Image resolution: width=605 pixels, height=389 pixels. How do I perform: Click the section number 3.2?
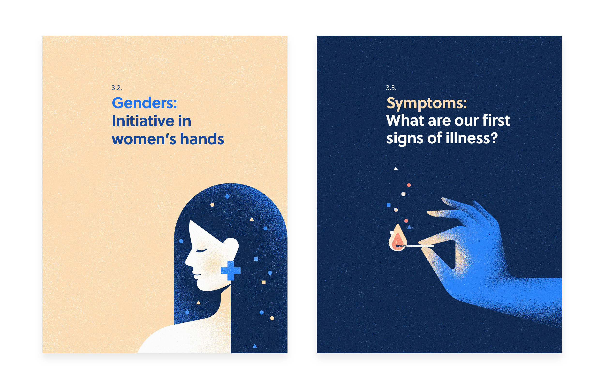click(x=116, y=88)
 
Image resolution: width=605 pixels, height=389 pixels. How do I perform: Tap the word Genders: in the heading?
click(x=144, y=103)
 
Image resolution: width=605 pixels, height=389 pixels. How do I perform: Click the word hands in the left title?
click(x=202, y=139)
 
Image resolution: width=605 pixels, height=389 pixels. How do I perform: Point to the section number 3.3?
click(x=391, y=88)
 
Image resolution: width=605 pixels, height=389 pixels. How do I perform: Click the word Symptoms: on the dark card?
click(x=426, y=104)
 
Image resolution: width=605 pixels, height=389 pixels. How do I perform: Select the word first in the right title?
click(x=496, y=120)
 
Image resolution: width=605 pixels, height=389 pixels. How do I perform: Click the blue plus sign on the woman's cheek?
click(x=231, y=271)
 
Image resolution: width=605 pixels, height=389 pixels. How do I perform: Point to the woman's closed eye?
click(x=201, y=251)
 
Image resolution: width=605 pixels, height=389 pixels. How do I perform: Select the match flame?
click(x=397, y=238)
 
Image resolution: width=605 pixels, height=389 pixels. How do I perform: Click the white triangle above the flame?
click(x=396, y=168)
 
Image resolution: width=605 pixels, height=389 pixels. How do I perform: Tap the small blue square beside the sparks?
click(x=389, y=205)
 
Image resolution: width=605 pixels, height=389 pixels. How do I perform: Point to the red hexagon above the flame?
click(x=409, y=185)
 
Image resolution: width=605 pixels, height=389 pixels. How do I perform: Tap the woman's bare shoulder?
click(x=177, y=336)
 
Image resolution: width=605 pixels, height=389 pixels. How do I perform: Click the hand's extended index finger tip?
click(x=428, y=213)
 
